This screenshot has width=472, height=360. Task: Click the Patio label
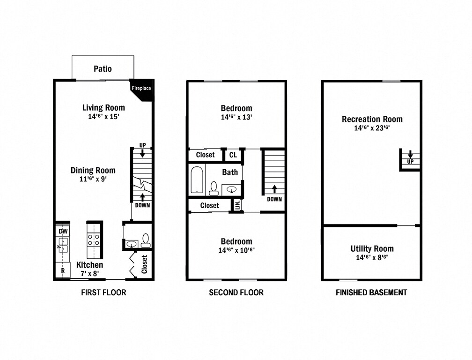[x=103, y=69]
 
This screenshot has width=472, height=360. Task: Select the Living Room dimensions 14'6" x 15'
[x=103, y=117]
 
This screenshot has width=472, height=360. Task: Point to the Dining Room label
[x=93, y=170]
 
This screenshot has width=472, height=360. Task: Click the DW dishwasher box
[x=62, y=231]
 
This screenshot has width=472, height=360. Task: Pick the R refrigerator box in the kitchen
[x=62, y=270]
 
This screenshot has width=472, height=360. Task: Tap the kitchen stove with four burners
[x=94, y=240]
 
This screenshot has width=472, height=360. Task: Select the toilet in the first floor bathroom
[x=145, y=240]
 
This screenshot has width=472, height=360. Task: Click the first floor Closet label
[x=144, y=264]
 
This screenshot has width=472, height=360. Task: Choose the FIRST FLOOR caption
[x=103, y=292]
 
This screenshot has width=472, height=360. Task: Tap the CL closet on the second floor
[x=233, y=155]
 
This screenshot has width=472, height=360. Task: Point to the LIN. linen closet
[x=237, y=205]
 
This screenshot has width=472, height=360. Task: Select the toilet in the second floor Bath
[x=214, y=187]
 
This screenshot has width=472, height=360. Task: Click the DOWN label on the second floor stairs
[x=274, y=199]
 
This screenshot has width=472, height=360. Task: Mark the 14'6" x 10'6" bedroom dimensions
[x=236, y=250]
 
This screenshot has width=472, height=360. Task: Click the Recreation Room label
[x=372, y=119]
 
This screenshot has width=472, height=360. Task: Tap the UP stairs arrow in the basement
[x=410, y=154]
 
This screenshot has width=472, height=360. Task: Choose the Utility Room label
[x=372, y=248]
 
